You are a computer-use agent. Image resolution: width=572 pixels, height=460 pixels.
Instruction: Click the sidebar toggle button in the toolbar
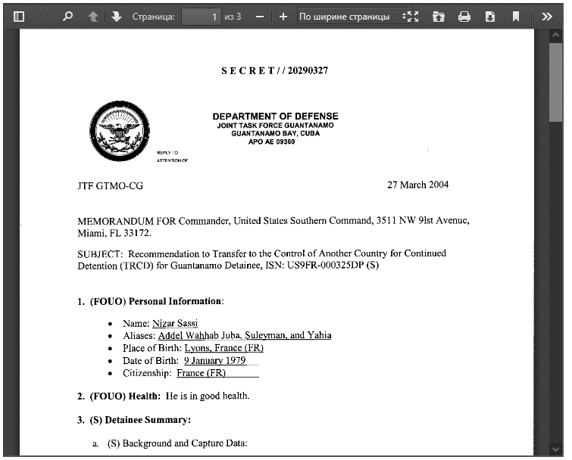(19, 16)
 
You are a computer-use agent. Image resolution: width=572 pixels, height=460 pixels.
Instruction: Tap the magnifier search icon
(68, 16)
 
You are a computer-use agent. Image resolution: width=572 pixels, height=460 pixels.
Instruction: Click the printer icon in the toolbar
(464, 16)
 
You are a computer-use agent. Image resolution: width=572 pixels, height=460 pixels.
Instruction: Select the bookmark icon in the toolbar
(515, 16)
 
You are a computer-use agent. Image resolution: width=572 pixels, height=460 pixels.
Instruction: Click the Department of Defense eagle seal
(119, 131)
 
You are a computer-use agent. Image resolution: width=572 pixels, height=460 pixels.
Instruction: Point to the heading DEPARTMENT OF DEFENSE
(275, 117)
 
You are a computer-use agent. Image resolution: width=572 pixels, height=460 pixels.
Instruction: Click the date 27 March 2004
(417, 185)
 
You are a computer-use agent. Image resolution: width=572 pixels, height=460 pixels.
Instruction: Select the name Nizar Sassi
(175, 324)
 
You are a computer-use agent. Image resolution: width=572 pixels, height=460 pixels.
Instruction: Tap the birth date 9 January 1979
(214, 361)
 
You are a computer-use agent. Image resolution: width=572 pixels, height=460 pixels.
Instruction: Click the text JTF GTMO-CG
(110, 186)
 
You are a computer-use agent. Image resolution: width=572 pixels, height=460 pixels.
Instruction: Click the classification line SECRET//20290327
(274, 70)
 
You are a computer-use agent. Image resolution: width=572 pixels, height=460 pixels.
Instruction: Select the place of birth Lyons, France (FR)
(223, 348)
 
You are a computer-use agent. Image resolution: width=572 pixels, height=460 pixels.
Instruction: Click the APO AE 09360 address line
(271, 141)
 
